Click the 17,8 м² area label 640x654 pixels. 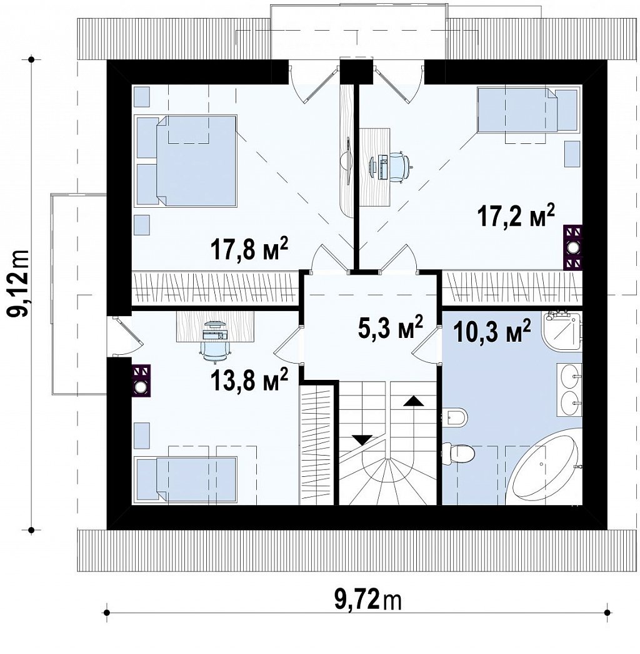(x=249, y=249)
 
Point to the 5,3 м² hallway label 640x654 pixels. (x=390, y=326)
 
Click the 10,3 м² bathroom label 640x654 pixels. (x=492, y=330)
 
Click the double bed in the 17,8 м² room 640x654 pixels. (x=186, y=161)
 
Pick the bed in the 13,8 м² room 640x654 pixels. (x=186, y=480)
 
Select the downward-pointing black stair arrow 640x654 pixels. (x=362, y=440)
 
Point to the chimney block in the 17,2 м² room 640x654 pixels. (x=572, y=247)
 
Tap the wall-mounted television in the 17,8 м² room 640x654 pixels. (x=347, y=161)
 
